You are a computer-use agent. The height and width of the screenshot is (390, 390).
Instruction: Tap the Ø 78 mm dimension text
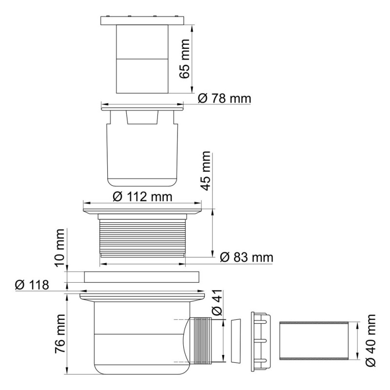click(x=224, y=99)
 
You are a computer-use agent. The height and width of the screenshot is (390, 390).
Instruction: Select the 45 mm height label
click(x=206, y=170)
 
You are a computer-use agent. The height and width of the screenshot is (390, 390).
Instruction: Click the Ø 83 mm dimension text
click(x=246, y=257)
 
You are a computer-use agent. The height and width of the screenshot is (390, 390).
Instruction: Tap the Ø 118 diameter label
click(x=32, y=285)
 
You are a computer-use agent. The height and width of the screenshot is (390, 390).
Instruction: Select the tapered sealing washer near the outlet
click(x=236, y=342)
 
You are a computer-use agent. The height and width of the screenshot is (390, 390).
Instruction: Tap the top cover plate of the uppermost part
click(x=142, y=21)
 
